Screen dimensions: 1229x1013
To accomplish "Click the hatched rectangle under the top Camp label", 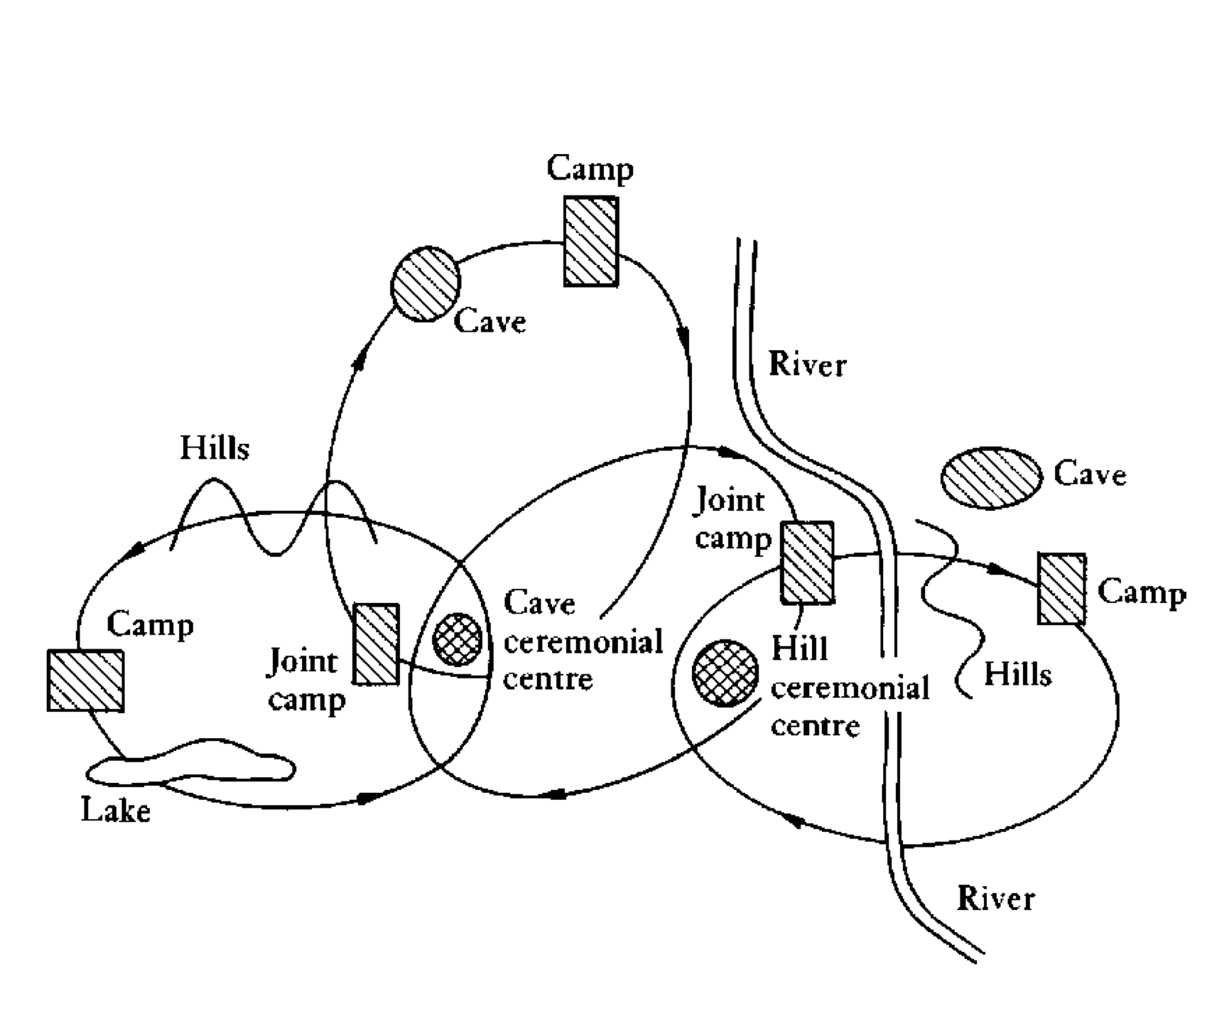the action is click(591, 242).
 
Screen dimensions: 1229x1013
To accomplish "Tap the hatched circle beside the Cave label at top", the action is click(426, 284).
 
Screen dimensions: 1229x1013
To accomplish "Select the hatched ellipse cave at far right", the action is click(992, 478).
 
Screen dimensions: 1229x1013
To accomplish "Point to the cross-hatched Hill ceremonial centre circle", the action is click(725, 673).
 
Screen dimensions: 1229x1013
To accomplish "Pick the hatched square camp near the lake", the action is click(85, 681).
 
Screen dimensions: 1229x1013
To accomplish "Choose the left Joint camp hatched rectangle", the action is click(377, 644).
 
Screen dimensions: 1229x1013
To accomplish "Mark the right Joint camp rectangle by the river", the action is click(808, 563).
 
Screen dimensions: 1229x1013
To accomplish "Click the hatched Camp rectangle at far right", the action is click(1062, 589).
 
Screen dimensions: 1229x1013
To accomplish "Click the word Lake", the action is click(116, 810).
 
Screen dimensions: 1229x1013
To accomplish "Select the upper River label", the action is click(808, 365).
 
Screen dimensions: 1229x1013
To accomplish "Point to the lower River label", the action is click(996, 899).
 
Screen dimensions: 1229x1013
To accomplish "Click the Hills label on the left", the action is click(215, 448).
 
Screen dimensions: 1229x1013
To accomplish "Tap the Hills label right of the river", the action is click(1017, 673).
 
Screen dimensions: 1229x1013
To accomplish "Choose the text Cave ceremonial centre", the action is click(583, 641).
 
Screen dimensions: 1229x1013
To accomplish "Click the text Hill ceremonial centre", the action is click(850, 688).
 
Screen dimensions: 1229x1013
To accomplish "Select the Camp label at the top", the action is click(590, 169).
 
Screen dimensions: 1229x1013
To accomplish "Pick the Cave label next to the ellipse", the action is click(1090, 474).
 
